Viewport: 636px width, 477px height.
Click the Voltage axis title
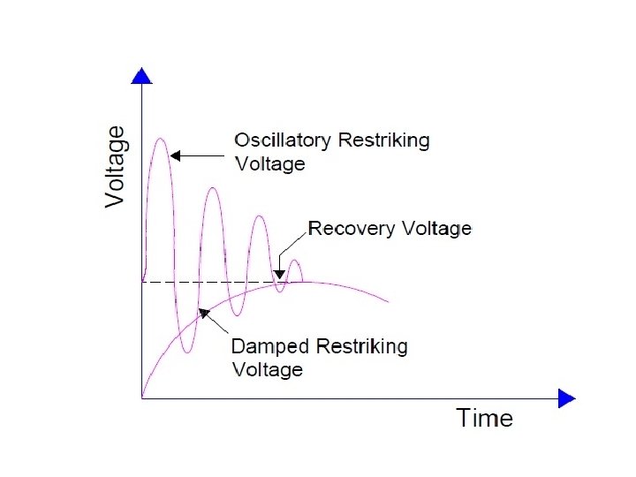tap(116, 167)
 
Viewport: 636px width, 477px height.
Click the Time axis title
tap(484, 417)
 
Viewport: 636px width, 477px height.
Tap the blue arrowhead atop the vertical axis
tap(141, 77)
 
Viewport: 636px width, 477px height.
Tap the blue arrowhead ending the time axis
tap(566, 399)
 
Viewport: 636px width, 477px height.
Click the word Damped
tap(269, 345)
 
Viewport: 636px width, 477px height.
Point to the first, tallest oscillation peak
tap(160, 139)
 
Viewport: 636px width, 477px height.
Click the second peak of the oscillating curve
tap(211, 188)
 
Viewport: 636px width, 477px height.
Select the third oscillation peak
tap(259, 216)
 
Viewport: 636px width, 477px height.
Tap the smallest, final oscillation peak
tap(295, 260)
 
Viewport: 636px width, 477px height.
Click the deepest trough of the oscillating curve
tap(186, 352)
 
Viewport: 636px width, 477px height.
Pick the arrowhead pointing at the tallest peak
tap(176, 156)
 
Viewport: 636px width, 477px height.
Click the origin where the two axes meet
tap(141, 399)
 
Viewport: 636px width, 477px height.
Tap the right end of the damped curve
tap(387, 302)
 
